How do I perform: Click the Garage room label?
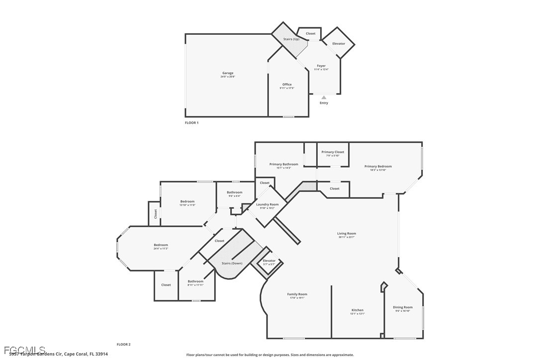[227, 73]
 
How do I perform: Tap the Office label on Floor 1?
[287, 85]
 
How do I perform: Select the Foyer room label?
[321, 66]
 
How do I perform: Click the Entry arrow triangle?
[324, 97]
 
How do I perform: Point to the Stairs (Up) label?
[291, 39]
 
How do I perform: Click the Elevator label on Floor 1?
[339, 44]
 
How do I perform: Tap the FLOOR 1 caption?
[191, 123]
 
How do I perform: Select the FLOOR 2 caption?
[123, 344]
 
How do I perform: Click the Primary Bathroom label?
[283, 164]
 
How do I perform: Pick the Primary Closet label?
[333, 152]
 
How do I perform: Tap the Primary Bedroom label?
[378, 167]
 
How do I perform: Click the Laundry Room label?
[267, 204]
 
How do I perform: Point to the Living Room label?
[347, 233]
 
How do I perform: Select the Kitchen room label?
[358, 310]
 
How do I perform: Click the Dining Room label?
[403, 307]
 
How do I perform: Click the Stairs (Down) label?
[232, 264]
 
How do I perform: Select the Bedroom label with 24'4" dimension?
[161, 245]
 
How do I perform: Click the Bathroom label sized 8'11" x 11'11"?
[195, 281]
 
